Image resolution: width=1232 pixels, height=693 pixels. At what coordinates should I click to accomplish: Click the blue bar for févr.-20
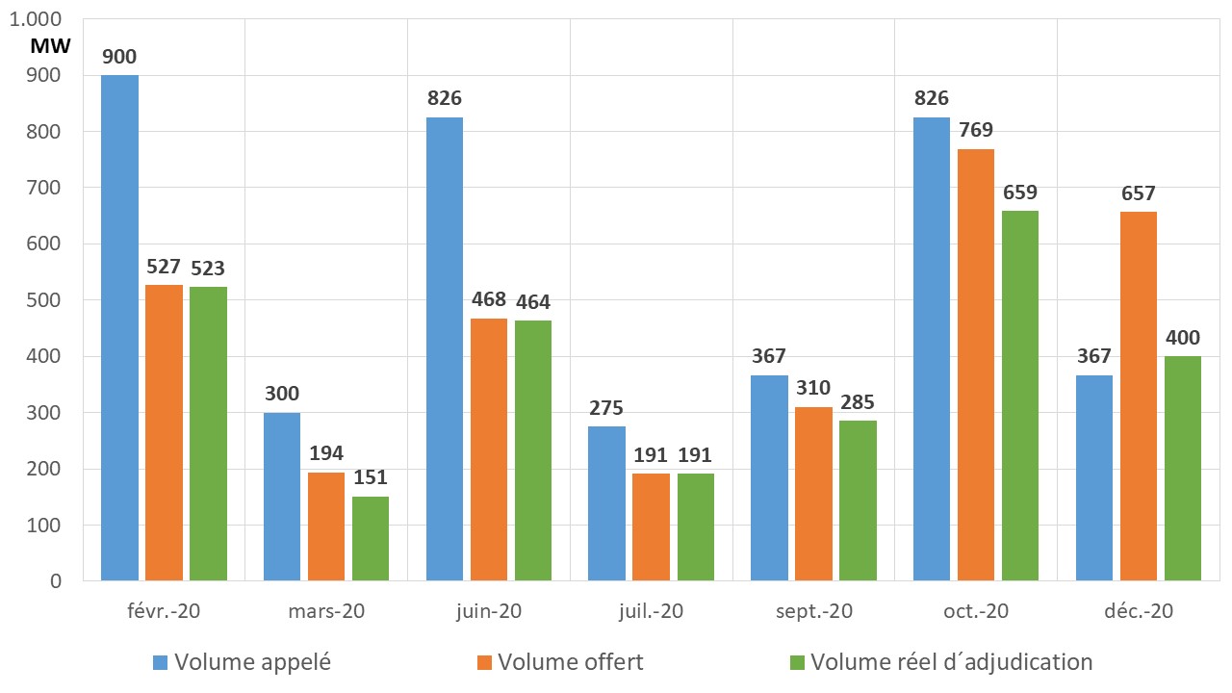click(119, 327)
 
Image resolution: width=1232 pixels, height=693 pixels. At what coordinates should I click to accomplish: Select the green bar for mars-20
click(370, 539)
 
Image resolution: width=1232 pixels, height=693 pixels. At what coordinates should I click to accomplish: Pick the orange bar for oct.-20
click(976, 366)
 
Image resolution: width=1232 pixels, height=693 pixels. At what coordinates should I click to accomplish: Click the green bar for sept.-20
click(858, 500)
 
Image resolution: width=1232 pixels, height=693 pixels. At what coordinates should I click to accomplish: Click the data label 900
click(119, 57)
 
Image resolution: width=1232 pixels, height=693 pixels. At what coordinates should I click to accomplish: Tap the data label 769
click(976, 130)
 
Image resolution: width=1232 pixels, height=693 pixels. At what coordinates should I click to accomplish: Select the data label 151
click(370, 478)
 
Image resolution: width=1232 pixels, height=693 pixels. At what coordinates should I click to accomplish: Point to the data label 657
click(1139, 193)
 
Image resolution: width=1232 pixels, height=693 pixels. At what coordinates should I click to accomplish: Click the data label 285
click(858, 402)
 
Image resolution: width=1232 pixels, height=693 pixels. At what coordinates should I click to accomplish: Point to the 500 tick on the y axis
click(41, 300)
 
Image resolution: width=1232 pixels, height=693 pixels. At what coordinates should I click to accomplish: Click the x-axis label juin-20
click(488, 610)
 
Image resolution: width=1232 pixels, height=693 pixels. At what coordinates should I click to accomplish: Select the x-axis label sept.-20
click(813, 610)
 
